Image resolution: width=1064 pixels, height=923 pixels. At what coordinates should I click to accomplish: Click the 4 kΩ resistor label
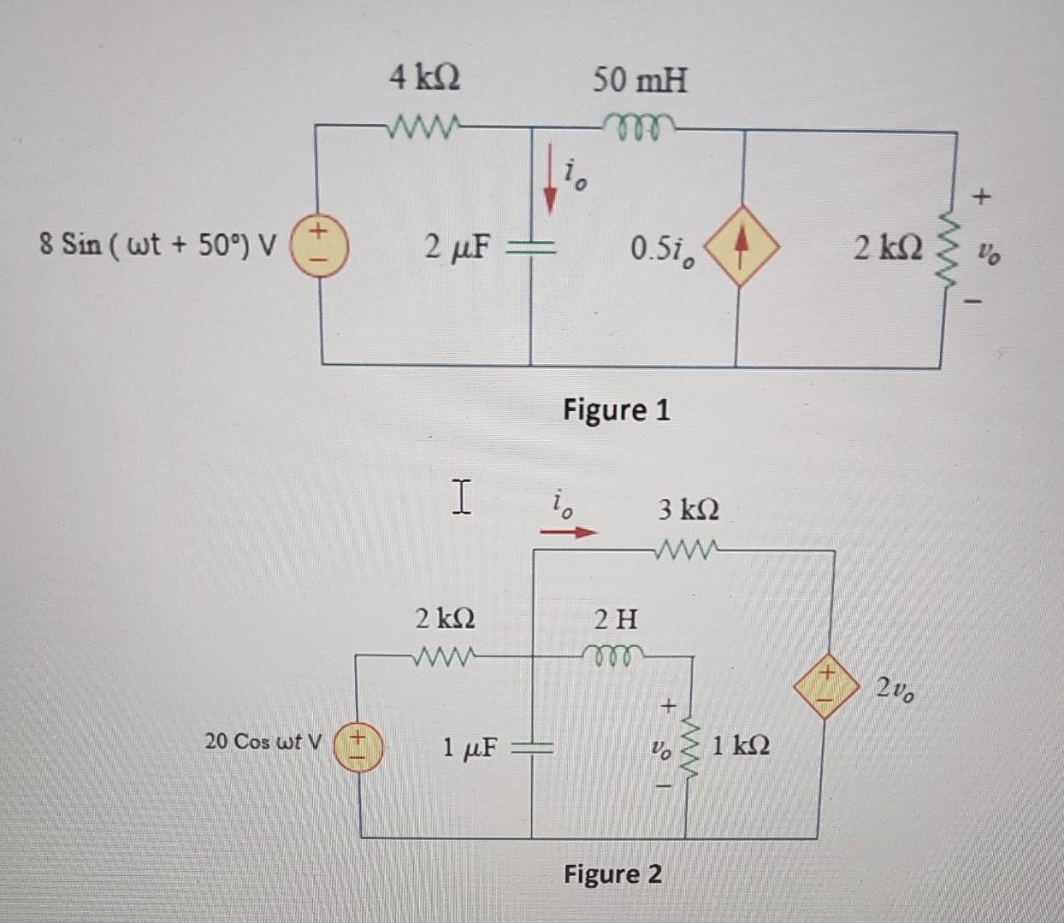pos(424,79)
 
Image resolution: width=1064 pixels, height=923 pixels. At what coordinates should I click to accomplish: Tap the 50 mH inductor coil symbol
pos(641,124)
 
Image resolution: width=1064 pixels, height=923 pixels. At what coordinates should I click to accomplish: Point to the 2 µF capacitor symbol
pos(531,248)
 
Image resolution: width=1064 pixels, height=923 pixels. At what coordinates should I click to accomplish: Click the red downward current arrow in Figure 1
pos(552,179)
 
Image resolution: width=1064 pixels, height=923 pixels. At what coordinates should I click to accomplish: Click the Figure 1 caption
pos(616,410)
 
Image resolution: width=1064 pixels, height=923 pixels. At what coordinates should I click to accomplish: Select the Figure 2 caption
pos(612,874)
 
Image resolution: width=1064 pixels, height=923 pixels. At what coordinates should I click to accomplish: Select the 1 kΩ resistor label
pos(740,746)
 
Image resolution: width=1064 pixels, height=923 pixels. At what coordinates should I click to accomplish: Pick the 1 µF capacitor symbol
pos(532,750)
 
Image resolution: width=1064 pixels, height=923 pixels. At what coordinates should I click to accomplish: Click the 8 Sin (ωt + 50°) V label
pos(158,247)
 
